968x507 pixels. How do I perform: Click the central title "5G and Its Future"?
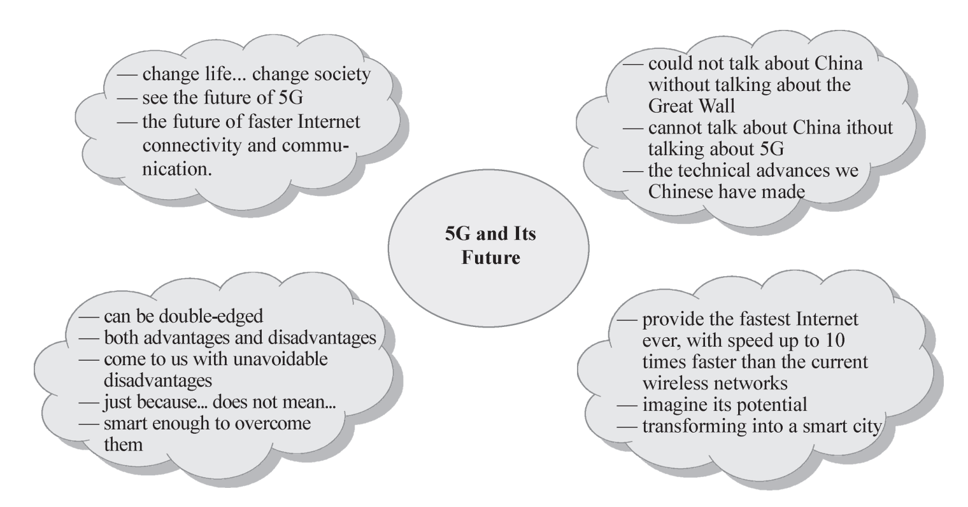click(x=490, y=246)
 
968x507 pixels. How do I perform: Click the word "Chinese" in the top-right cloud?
click(x=680, y=191)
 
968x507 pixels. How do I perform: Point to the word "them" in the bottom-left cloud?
click(x=123, y=444)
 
